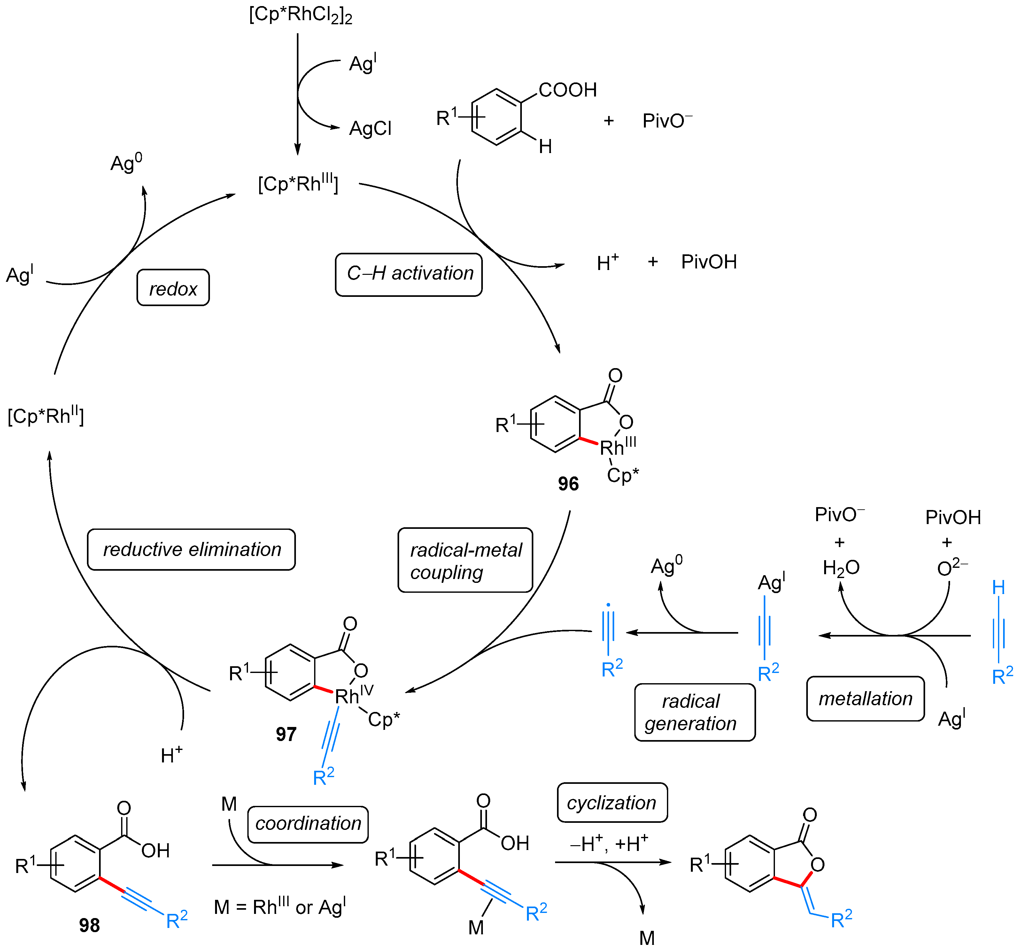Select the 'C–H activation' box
tap(409, 274)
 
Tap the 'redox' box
tap(173, 288)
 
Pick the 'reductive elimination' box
tap(191, 550)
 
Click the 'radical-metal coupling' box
tap(465, 560)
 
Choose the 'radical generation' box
tap(695, 712)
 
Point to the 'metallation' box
tap(865, 699)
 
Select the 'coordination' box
tap(308, 823)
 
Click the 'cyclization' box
tap(612, 803)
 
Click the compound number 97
tap(286, 734)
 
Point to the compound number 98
tap(89, 925)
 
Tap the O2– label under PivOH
tap(952, 568)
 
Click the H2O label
tap(841, 568)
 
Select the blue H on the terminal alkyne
tap(998, 587)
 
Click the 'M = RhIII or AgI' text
tap(280, 907)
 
